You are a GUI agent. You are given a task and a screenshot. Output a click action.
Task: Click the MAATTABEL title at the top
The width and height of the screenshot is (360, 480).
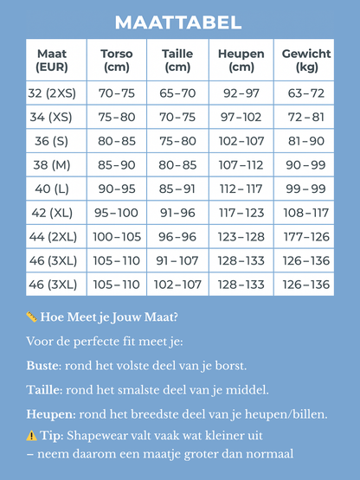[x=179, y=22]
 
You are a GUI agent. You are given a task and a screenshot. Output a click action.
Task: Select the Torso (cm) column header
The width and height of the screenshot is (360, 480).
[x=116, y=60]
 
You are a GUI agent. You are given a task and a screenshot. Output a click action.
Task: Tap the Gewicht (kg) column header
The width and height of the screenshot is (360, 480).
[x=306, y=60]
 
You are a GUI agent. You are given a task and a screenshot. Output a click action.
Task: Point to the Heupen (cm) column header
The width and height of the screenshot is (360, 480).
[x=241, y=60]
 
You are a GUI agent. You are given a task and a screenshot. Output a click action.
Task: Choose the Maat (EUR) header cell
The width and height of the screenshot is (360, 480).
[x=52, y=60]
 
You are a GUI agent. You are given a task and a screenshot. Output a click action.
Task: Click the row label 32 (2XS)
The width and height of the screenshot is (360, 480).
[x=52, y=93]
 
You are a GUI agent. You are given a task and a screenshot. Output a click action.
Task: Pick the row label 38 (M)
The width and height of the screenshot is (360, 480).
[x=52, y=164]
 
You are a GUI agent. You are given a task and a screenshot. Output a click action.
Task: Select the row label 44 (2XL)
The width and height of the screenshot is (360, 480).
[x=52, y=236]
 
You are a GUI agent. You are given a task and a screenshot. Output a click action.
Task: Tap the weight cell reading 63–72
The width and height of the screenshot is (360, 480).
[x=306, y=93]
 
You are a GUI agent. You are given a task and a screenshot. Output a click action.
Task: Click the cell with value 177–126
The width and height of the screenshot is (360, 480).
[x=306, y=236]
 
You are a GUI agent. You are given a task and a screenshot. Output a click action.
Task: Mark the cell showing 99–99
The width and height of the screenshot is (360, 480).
[x=306, y=189]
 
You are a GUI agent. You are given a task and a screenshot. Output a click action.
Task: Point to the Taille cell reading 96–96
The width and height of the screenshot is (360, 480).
[x=177, y=236]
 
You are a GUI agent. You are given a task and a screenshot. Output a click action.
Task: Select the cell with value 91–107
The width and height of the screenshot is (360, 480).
[x=177, y=260]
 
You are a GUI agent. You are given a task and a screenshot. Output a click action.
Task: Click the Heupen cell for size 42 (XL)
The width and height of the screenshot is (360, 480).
[x=241, y=213]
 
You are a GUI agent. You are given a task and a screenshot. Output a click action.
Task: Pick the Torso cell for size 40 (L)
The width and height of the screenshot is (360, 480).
[x=116, y=189]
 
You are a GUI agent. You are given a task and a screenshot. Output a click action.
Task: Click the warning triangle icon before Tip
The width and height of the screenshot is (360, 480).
[x=31, y=436]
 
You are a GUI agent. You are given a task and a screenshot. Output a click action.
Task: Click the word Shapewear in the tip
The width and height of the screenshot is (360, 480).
[x=100, y=436]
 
